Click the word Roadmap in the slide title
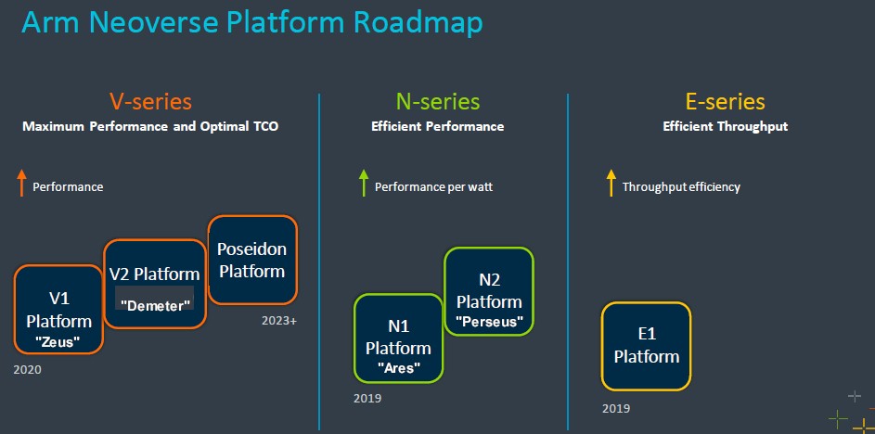tap(418, 23)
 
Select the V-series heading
tap(150, 101)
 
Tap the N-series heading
tap(438, 101)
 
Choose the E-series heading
tap(725, 101)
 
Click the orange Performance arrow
tap(21, 183)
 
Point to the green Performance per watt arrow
tap(364, 183)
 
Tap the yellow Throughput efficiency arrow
tap(611, 183)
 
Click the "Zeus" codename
tap(58, 342)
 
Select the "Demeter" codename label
tap(155, 306)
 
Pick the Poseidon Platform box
tap(252, 260)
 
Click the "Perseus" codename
tap(489, 322)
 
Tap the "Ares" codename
tap(398, 367)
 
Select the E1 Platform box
tap(646, 346)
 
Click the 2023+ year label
tap(279, 321)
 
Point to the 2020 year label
tap(27, 369)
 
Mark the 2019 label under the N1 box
tap(367, 399)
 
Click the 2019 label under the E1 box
tap(616, 408)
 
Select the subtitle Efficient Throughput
tap(725, 127)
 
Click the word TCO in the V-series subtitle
tap(264, 127)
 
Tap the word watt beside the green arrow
tap(480, 187)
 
